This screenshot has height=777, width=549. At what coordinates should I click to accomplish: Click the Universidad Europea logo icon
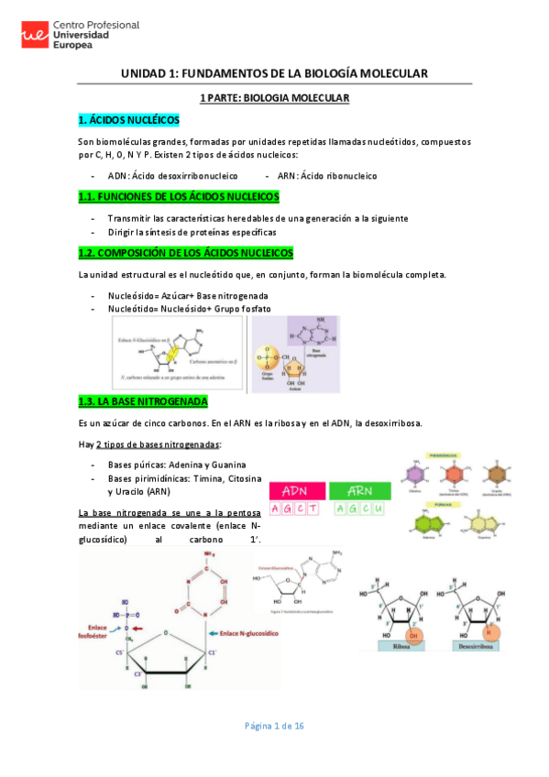(x=35, y=36)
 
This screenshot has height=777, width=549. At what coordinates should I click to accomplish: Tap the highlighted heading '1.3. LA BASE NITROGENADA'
(x=144, y=401)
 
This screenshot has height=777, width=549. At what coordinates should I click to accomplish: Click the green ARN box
(x=358, y=491)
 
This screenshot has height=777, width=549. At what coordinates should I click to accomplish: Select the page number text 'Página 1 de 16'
(x=274, y=726)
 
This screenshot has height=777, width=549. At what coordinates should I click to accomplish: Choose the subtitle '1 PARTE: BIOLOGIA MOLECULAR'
(x=275, y=97)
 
